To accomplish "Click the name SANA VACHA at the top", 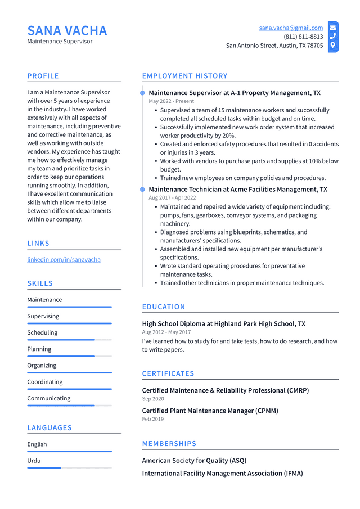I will pos(67,30).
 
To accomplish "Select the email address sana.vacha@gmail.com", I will pos(291,28).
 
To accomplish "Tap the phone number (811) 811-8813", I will pos(303,37).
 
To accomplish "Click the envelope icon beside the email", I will pos(333,28).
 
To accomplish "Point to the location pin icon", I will pos(333,45).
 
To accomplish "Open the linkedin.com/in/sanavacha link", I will pos(64,259).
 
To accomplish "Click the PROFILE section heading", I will pos(43,76).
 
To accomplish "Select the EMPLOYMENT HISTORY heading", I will pos(184,76).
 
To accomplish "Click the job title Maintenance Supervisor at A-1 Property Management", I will pos(235,93).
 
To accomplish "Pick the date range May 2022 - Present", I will pos(172,101).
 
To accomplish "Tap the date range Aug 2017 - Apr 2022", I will pos(172,198).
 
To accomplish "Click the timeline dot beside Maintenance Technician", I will pos(142,190).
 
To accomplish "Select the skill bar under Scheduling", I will pos(69,340).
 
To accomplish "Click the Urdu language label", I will pos(34,460).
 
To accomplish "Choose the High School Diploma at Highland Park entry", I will pos(223,324).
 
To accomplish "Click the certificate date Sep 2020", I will pos(153,399).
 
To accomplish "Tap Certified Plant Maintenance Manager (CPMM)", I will pos(210,411).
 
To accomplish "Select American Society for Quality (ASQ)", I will pos(194,461).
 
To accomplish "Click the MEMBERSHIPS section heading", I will pos(169,444).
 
